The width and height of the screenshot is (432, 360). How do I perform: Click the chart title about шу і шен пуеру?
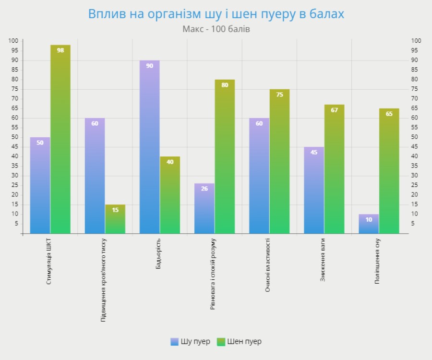point(216,14)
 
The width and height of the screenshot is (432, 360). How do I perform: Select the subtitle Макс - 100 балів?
point(216,29)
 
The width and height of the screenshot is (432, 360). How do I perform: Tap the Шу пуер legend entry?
point(191,342)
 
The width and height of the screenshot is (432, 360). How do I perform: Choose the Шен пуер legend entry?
point(239,342)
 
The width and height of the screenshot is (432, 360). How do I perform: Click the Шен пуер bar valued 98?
point(60,139)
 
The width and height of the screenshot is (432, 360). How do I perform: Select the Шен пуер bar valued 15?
point(115,219)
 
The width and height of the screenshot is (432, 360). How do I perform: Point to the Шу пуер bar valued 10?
point(369,224)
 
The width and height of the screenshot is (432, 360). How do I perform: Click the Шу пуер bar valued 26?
point(204,209)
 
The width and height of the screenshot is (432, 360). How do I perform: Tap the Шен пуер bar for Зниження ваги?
point(334,169)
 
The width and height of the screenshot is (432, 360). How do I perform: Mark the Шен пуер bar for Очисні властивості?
point(279,161)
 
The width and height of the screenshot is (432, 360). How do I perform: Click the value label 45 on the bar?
point(314,153)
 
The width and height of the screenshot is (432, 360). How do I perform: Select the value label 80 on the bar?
point(225,85)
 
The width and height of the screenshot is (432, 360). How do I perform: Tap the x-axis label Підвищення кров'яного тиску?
point(104,280)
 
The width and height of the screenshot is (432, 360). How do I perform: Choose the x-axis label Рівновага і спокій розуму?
point(213,274)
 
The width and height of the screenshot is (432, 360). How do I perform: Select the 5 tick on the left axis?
point(16,224)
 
